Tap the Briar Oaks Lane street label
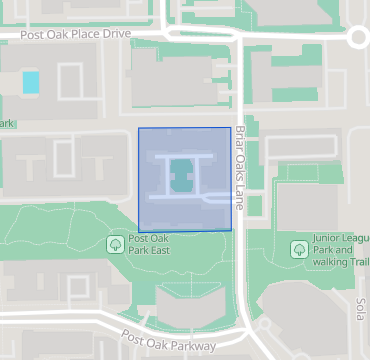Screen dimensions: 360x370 pos(240,167)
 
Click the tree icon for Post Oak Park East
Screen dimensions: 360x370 pos(115,243)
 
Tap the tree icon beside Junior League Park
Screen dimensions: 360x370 pos(298,248)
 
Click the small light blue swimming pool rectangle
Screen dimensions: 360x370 pos(31,82)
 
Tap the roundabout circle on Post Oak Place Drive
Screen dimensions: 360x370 pos(361,38)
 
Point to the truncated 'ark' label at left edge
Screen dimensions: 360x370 pos(8,124)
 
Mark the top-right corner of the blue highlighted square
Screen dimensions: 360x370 pos(231,129)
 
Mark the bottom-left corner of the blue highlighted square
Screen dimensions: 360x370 pos(138,230)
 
